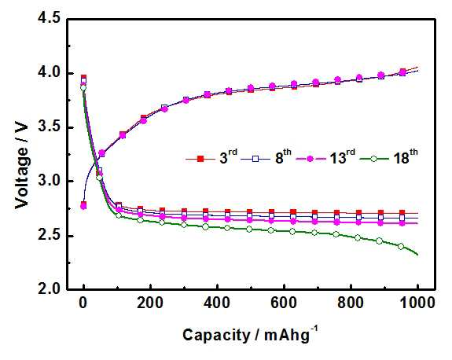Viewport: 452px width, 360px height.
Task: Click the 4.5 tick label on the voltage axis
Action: coord(50,19)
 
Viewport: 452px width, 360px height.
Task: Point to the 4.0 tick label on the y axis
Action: coord(50,73)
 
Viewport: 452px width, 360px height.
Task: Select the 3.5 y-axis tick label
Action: coord(50,127)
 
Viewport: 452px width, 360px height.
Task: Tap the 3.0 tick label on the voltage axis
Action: coord(50,182)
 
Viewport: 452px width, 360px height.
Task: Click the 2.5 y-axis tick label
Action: coord(50,236)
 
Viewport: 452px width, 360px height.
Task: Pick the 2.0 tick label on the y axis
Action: coord(50,289)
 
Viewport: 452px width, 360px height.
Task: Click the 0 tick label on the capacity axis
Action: coord(83,303)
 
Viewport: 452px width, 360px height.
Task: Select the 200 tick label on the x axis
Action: coord(150,303)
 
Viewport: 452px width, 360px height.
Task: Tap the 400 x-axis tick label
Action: coord(217,303)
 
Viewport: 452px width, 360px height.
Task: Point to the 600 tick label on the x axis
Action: coord(284,303)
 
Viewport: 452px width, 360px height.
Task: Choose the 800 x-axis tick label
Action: coord(351,303)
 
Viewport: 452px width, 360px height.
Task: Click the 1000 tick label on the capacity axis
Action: coord(417,303)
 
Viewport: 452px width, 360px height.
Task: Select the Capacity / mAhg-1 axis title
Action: coord(250,334)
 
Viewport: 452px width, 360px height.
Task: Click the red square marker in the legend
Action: coord(200,159)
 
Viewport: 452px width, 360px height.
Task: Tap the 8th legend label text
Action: coord(283,157)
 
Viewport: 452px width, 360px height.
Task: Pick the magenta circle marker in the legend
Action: coord(311,159)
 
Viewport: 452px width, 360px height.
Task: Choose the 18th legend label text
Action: coord(406,157)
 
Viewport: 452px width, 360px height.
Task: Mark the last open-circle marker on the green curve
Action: coord(401,247)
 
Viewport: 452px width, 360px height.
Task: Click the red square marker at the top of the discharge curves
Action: coord(83,77)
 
